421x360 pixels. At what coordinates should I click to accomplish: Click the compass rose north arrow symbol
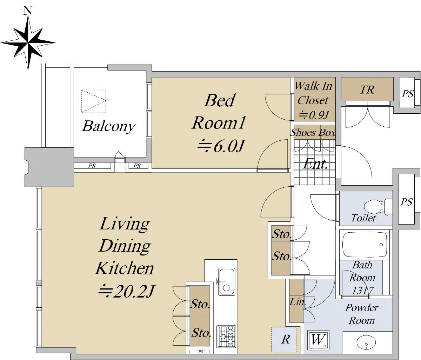pos(28,43)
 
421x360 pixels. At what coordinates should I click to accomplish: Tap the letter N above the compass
pos(28,11)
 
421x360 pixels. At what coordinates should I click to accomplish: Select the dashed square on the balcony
pos(94,101)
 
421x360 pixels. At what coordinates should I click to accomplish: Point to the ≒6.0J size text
pos(221,146)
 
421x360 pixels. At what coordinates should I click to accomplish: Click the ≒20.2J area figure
pos(127,291)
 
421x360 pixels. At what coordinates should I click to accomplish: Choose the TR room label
pos(367,89)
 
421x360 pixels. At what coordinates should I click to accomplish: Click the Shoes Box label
pos(313,132)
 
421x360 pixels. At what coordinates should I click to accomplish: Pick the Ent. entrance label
pos(315,164)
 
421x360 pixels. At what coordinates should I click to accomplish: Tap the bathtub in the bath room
pos(365,245)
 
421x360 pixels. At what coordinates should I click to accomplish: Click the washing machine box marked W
pos(318,340)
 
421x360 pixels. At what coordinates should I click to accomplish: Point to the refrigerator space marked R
pos(284,339)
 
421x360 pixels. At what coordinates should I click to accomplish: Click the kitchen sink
pos(226,281)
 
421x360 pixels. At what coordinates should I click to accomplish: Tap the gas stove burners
pos(226,336)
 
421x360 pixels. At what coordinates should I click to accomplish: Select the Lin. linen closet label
pos(298,302)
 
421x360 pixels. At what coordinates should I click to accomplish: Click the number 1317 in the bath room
pos(363,291)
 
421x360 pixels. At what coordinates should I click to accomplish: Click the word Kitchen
pos(125,268)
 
